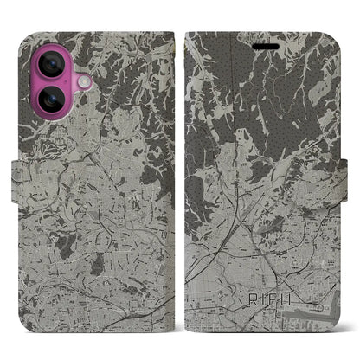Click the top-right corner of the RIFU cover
338,35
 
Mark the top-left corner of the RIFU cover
188,35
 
